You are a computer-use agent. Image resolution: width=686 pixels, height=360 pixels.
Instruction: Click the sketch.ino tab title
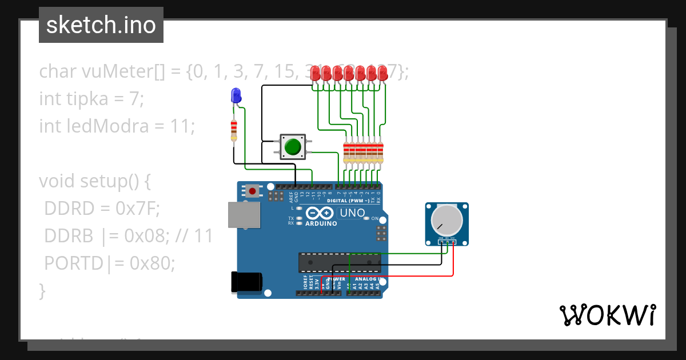pos(101,25)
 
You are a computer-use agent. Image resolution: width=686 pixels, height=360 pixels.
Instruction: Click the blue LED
pos(235,96)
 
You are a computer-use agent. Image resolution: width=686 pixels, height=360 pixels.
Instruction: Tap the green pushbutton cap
pos(293,147)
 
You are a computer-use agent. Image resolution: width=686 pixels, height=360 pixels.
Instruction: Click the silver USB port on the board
pos(243,215)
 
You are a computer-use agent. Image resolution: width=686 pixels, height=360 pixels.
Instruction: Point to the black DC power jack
pos(246,282)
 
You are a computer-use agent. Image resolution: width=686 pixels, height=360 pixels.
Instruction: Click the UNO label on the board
pos(352,213)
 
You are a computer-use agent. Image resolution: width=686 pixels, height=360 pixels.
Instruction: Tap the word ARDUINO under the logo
pos(321,223)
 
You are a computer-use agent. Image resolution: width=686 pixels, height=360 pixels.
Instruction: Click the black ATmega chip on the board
pos(339,262)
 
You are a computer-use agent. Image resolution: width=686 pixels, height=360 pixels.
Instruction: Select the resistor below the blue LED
pos(233,130)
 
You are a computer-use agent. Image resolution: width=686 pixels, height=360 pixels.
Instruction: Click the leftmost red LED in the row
pos(316,73)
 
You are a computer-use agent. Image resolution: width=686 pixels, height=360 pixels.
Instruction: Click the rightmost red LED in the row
pos(382,73)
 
